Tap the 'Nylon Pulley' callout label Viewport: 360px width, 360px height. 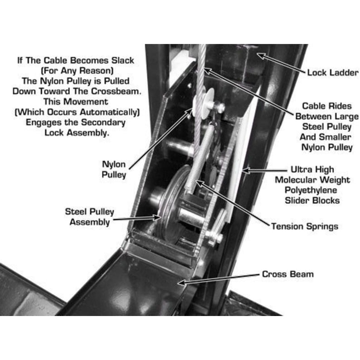pos(114,169)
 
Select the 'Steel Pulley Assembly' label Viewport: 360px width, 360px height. pos(90,217)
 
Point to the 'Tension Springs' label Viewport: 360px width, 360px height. pos(304,226)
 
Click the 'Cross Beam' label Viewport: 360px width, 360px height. pos(288,274)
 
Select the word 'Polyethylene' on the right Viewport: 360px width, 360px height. pos(312,190)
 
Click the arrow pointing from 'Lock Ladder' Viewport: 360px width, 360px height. pos(281,64)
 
